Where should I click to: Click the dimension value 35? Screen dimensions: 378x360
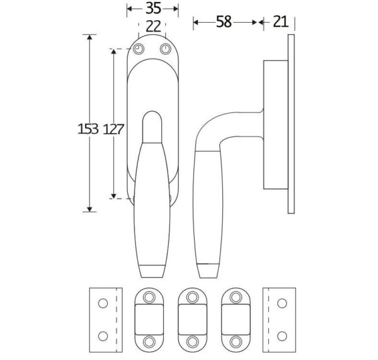[153, 8]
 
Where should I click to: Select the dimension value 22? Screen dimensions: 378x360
[153, 26]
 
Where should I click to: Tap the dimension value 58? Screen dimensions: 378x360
[224, 22]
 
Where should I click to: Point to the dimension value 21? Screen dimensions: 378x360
[280, 22]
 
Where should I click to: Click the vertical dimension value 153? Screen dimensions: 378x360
[88, 129]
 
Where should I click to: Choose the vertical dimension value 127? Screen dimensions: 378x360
[113, 129]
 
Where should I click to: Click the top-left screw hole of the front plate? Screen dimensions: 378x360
[139, 49]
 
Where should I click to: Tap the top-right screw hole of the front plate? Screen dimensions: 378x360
[166, 49]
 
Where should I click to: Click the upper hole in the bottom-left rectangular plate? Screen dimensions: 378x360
[103, 303]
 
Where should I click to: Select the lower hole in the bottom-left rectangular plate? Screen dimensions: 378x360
[103, 336]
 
